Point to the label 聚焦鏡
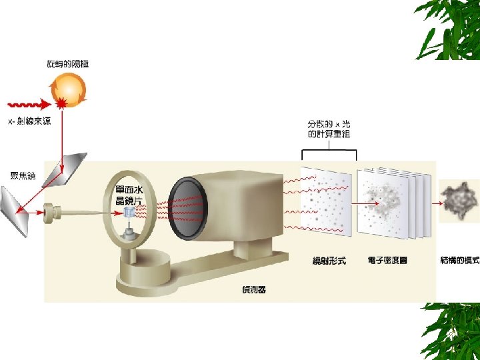pos(23,175)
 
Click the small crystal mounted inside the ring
pos(129,212)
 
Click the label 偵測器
pos(253,289)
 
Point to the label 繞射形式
pos(329,261)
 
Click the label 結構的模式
pos(459,261)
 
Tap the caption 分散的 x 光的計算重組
pos(329,129)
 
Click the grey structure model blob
pos(459,199)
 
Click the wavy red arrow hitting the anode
pos(30,105)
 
